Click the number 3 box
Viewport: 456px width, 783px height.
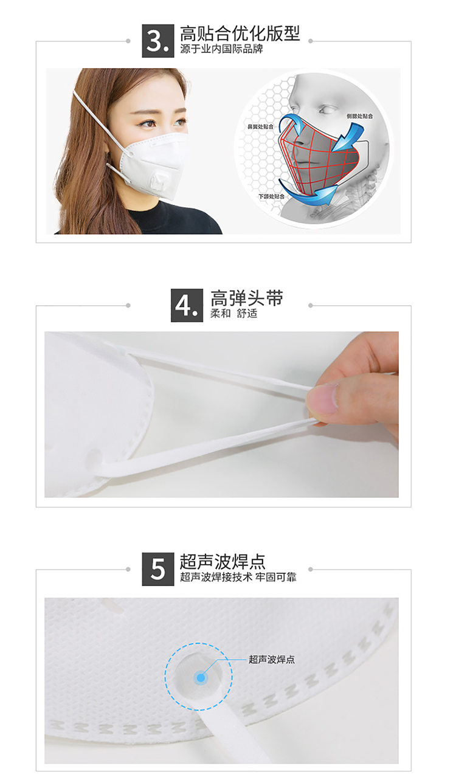tap(157, 41)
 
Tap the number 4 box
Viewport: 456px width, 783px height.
tap(187, 305)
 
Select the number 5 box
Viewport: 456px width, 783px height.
tap(157, 569)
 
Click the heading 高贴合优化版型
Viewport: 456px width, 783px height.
tap(240, 33)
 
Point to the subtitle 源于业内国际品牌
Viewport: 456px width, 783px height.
tap(221, 49)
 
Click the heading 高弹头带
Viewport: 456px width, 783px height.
tap(246, 298)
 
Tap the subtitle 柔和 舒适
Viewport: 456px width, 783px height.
tap(233, 313)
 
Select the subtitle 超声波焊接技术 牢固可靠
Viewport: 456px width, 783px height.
tap(238, 577)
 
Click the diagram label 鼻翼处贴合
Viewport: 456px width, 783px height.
tap(260, 126)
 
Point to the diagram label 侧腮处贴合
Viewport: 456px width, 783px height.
tap(359, 116)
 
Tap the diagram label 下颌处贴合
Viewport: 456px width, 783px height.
tap(271, 196)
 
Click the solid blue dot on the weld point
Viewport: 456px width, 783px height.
tap(201, 678)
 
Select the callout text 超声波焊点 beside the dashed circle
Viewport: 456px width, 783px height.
tap(272, 660)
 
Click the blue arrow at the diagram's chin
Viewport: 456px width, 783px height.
tap(308, 193)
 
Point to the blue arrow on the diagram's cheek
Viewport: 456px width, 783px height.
tap(347, 136)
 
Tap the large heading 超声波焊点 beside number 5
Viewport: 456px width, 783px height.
tap(223, 562)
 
